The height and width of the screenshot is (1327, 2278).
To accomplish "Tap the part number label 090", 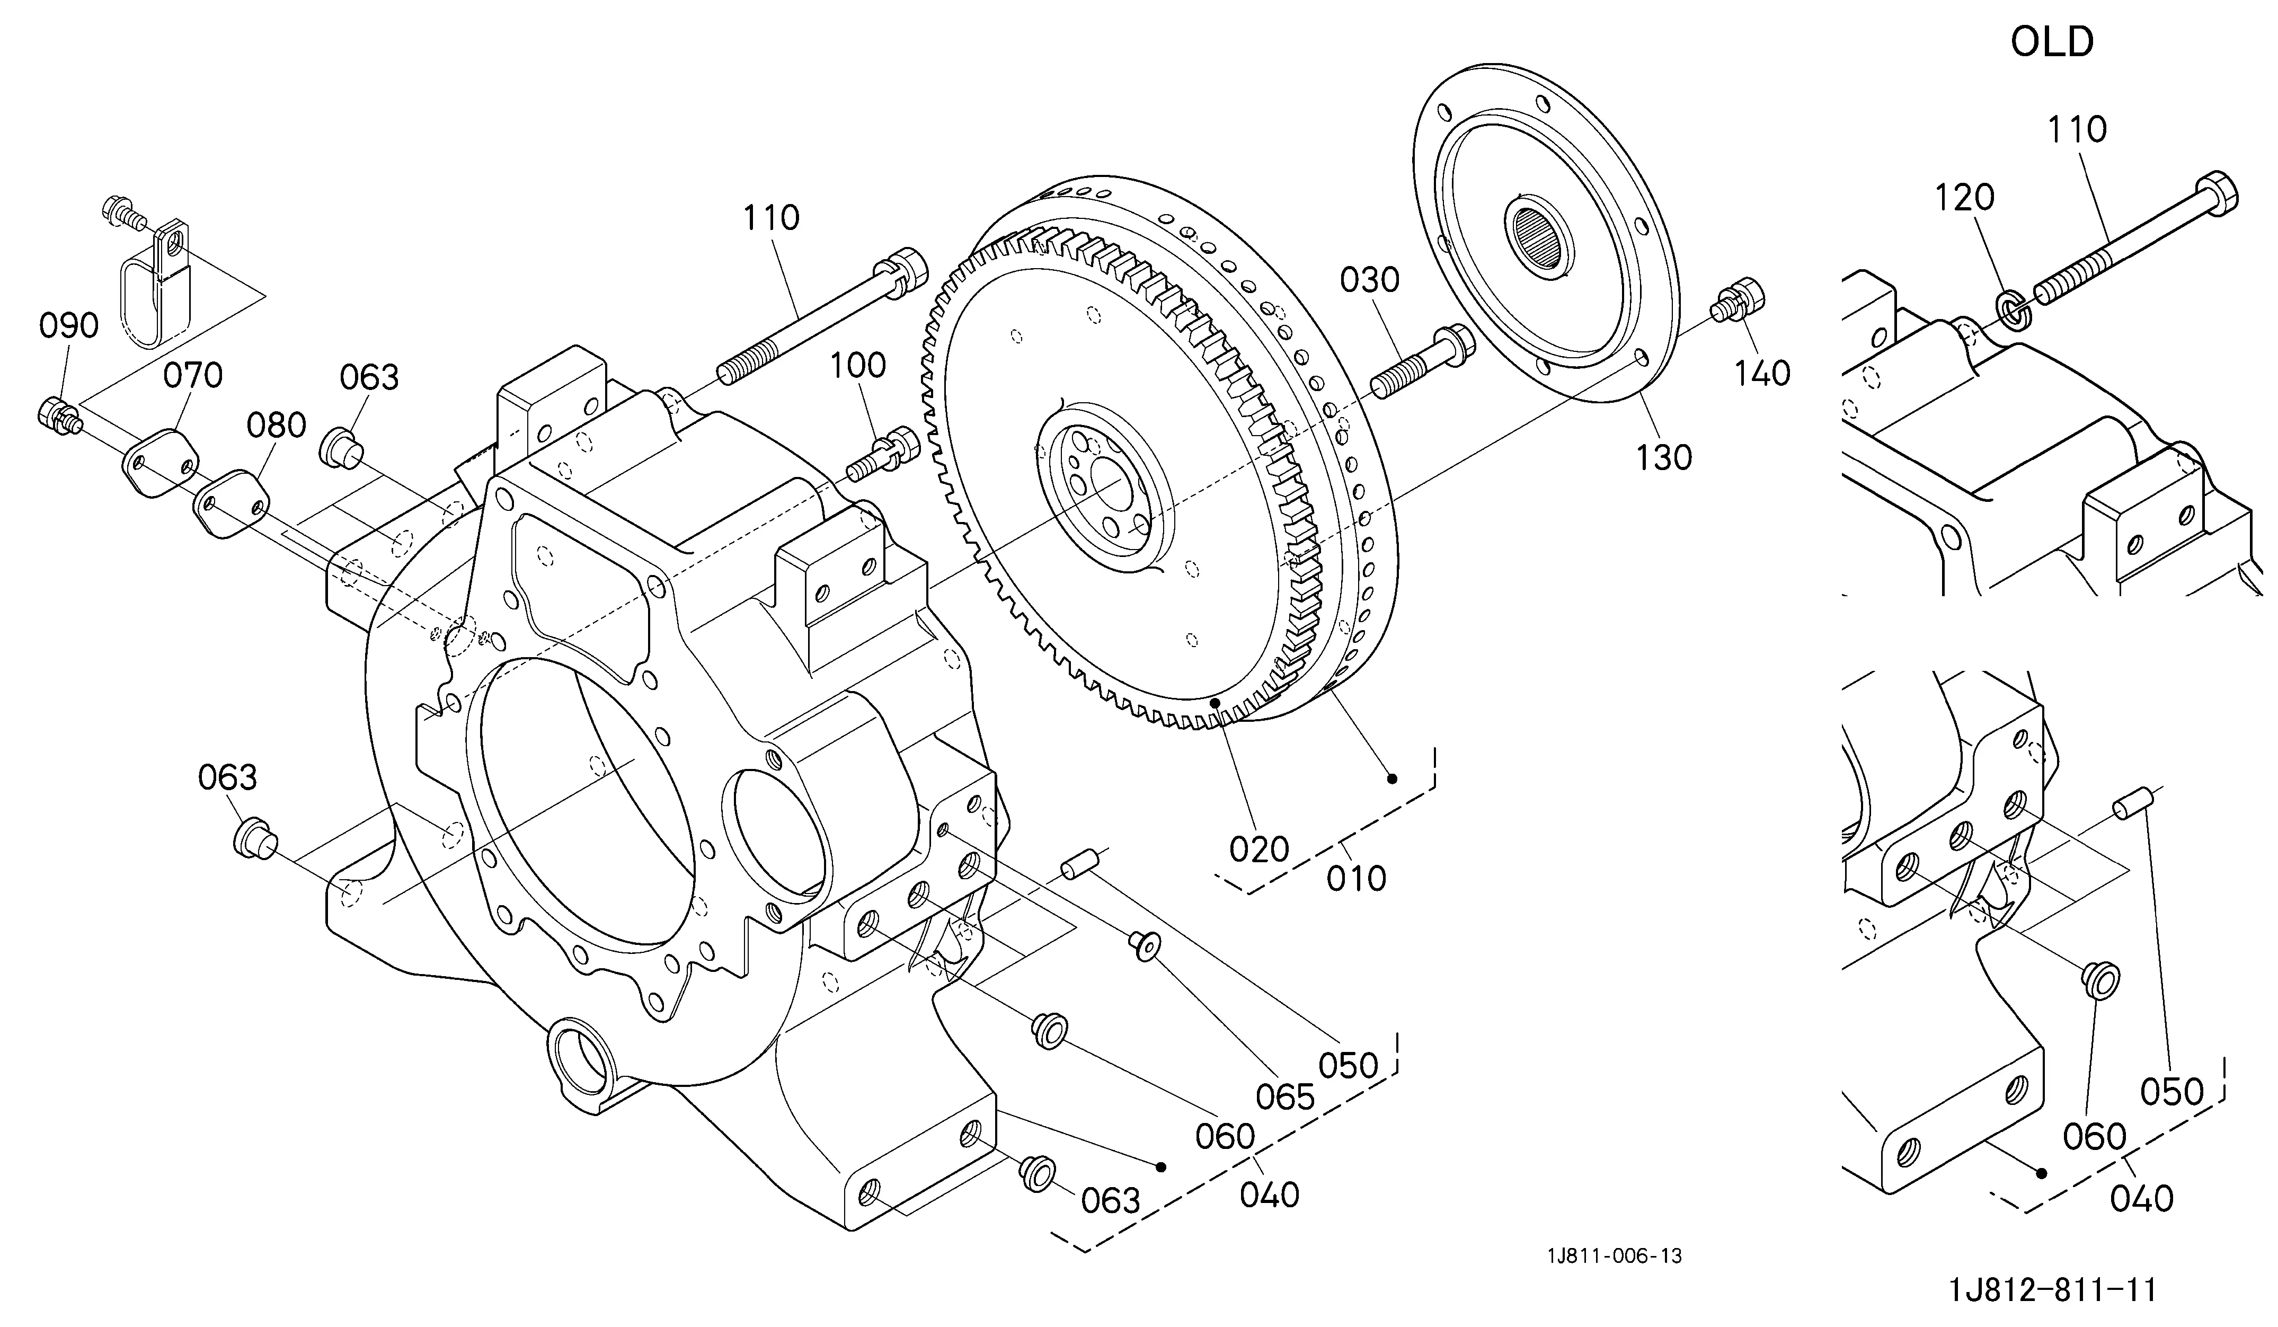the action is click(69, 325).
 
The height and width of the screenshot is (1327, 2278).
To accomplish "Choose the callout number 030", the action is click(1370, 280).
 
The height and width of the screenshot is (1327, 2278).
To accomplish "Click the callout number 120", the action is click(1965, 197).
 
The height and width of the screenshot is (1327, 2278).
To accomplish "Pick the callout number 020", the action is click(1259, 849).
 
